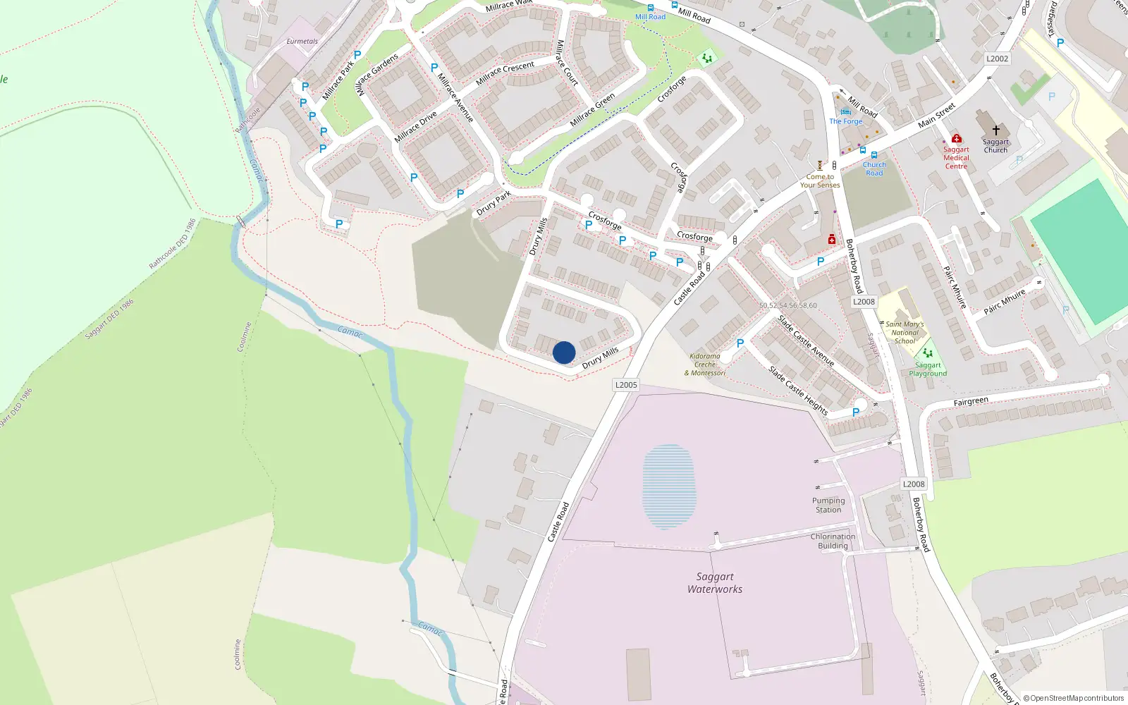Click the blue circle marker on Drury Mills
564,352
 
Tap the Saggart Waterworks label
715,583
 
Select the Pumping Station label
828,505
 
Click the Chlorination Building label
833,541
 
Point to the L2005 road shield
626,385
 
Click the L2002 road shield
997,59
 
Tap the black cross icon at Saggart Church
995,130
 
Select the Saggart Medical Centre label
956,158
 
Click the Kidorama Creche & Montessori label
705,364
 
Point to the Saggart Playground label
928,369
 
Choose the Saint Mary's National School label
905,333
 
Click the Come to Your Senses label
820,181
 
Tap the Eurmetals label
302,42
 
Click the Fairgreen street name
971,402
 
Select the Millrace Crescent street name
505,73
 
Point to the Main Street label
937,115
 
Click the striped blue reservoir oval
669,486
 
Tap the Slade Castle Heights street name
798,390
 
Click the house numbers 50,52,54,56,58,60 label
788,306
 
